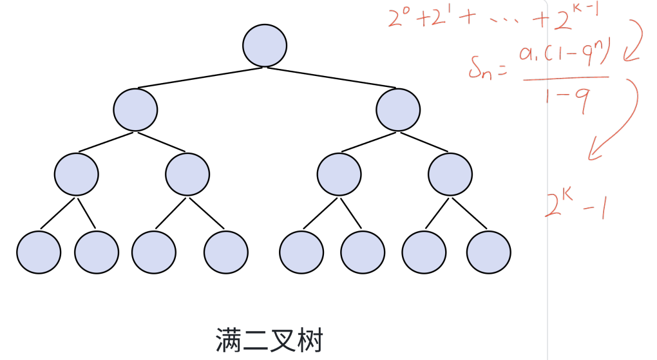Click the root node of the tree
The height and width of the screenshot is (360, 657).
pos(265,45)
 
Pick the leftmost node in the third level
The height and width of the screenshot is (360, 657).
pos(77,174)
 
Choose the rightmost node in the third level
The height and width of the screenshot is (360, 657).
pos(450,174)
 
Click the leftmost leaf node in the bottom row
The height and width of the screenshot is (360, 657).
pos(39,251)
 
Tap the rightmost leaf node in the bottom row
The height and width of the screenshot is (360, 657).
pos(489,251)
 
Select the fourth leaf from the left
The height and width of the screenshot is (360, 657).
pos(226,251)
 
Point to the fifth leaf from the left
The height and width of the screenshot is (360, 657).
pos(301,251)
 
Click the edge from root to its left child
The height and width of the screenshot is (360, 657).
pos(200,77)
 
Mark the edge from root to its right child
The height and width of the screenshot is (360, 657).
pos(332,77)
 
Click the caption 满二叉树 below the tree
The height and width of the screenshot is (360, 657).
pos(269,339)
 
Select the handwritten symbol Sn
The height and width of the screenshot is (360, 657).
pos(484,68)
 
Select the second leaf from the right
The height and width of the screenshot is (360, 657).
pos(424,251)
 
